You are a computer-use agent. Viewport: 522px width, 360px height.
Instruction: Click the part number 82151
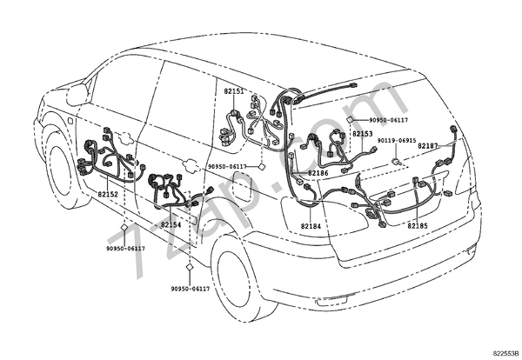(234, 90)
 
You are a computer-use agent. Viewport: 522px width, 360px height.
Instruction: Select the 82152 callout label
(108, 195)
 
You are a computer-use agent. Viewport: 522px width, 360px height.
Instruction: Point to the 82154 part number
(171, 224)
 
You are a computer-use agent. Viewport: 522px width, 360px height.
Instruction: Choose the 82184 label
(311, 226)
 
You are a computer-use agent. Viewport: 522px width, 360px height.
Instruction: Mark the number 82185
(418, 225)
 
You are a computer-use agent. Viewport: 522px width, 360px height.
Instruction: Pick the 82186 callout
(317, 173)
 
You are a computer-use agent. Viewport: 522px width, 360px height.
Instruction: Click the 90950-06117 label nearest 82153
(388, 120)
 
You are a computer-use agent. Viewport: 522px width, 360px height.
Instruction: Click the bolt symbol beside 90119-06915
(395, 162)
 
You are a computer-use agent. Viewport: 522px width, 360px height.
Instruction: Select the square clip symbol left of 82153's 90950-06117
(348, 120)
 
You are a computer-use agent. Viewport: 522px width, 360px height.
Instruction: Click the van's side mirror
(77, 94)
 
